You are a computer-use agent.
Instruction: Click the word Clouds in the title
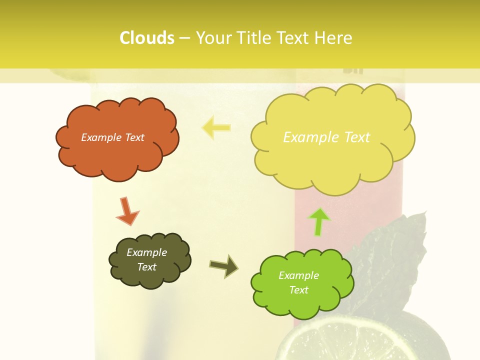(147, 38)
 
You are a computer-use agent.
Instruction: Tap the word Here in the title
(334, 38)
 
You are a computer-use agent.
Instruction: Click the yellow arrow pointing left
(216, 127)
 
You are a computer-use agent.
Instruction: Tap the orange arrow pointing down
(127, 210)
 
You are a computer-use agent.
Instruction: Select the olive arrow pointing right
(223, 266)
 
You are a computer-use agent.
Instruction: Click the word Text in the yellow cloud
(353, 137)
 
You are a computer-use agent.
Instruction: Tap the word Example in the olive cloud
(146, 252)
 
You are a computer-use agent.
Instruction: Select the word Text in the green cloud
(298, 290)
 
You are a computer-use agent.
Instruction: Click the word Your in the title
(211, 38)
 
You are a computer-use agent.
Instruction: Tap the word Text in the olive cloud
(147, 267)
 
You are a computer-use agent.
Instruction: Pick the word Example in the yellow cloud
(307, 137)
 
